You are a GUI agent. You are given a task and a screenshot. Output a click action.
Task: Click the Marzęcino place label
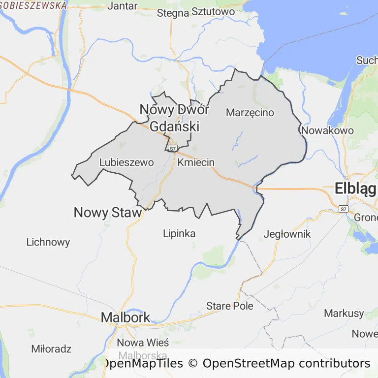250,113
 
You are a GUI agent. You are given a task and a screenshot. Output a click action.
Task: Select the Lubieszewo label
126,162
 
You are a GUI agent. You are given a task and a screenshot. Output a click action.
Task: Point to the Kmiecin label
196,162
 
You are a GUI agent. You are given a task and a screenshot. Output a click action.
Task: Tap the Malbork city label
125,317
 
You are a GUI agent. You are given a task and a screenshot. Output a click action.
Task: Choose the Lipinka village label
179,233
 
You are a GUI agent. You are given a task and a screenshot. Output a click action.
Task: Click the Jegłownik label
287,234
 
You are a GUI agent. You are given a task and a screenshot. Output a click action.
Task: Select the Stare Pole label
230,306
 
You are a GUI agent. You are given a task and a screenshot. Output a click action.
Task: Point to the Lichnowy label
48,242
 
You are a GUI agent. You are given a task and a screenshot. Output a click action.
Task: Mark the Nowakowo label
327,131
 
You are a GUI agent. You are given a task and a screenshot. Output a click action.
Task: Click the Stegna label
173,13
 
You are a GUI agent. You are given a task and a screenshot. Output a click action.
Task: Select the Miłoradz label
51,349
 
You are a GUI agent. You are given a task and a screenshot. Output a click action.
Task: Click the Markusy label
344,313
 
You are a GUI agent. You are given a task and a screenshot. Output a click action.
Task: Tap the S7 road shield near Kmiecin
172,148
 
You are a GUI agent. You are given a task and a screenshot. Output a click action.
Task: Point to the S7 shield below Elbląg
344,209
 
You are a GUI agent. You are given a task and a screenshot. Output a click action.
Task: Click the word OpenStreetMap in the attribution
249,364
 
